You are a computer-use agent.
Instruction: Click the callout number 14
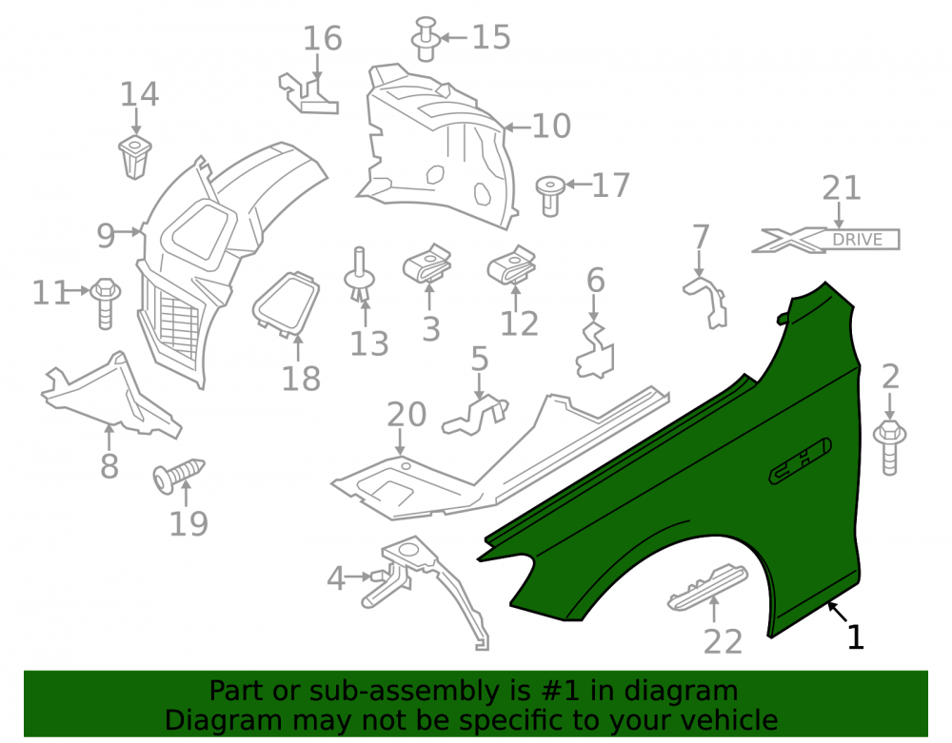pos(139,94)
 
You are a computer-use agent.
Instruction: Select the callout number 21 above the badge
pos(842,188)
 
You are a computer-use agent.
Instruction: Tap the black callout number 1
pos(856,637)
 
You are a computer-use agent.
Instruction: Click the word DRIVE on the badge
pos(858,240)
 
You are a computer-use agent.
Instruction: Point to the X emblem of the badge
pos(788,240)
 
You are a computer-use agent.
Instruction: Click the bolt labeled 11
pos(105,303)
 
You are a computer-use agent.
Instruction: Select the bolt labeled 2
pos(889,447)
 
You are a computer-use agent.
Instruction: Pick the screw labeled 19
pos(179,475)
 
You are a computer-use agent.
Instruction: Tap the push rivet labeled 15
pos(426,39)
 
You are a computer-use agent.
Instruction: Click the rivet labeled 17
pos(550,195)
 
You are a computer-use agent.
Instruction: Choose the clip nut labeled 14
pos(135,157)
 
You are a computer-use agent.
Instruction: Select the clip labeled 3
pos(427,264)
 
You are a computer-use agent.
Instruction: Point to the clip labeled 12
pos(512,265)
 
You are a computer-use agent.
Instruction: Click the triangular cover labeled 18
pos(286,303)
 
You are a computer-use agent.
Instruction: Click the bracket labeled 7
pos(706,303)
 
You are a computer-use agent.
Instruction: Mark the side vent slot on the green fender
pos(801,461)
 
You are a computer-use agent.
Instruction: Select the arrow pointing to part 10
pos(518,127)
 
